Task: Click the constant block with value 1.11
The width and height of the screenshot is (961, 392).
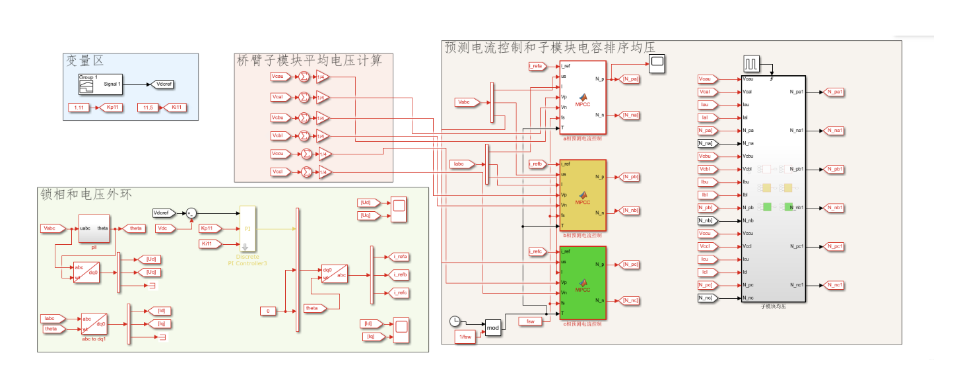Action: [80, 107]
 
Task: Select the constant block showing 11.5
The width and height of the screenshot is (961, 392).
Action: [148, 107]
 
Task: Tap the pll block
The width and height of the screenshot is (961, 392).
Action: [94, 228]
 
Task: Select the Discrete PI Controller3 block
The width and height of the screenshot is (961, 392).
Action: [248, 228]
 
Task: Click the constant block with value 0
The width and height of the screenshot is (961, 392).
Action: [268, 311]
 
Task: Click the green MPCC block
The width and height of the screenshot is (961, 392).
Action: [582, 282]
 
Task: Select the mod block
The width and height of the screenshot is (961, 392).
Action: [493, 327]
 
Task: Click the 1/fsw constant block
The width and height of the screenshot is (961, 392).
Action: [466, 337]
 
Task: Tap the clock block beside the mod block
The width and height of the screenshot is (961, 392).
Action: [455, 321]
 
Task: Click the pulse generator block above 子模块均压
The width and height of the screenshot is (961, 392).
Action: [752, 64]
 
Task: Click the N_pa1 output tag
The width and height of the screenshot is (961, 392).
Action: [833, 92]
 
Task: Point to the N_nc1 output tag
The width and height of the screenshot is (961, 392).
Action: [833, 285]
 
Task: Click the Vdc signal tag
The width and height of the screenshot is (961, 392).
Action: [166, 228]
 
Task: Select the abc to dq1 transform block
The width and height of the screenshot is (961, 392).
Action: [94, 324]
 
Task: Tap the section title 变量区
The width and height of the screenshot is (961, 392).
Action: [84, 61]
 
